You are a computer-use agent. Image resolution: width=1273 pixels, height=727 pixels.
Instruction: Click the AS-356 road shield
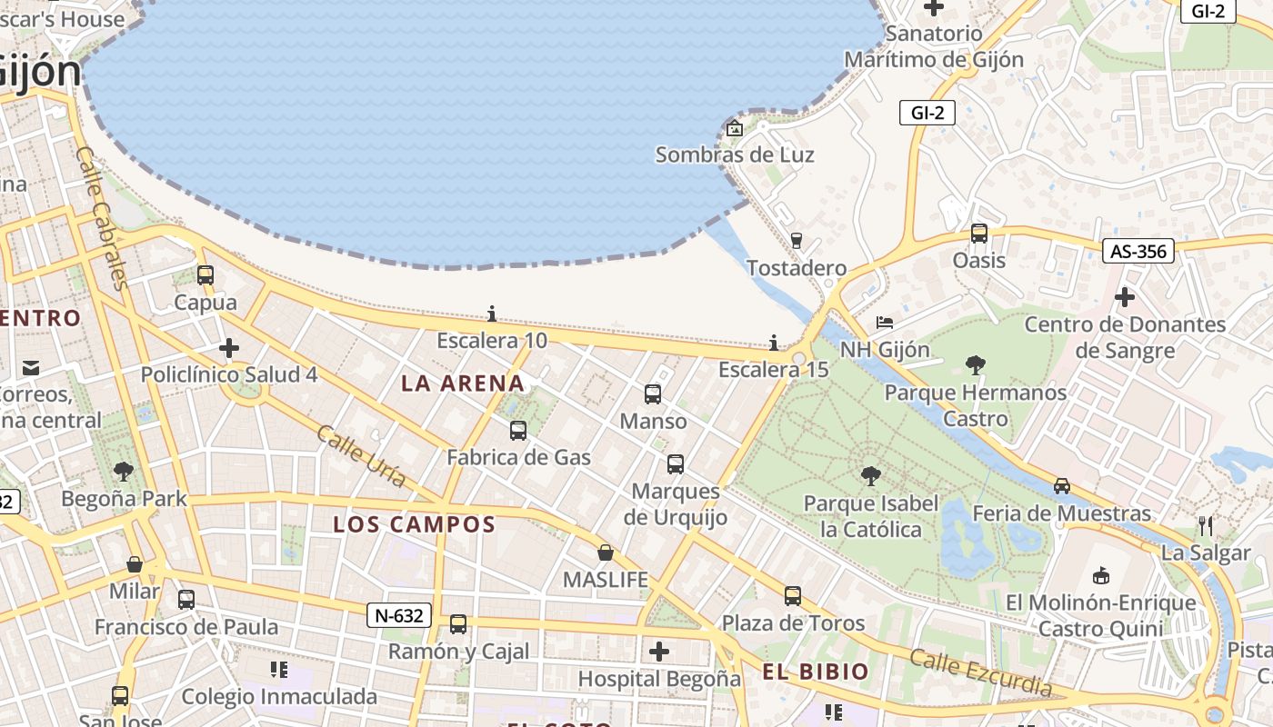(1138, 251)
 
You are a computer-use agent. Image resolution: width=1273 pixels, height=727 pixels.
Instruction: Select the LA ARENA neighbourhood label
(463, 383)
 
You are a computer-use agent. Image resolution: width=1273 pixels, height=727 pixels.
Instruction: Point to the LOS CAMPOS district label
(414, 524)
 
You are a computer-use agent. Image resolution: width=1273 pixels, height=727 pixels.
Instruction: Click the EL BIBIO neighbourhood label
(816, 672)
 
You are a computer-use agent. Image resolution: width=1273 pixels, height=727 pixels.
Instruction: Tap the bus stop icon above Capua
(205, 275)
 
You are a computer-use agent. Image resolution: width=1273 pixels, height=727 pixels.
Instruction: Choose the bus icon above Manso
(653, 394)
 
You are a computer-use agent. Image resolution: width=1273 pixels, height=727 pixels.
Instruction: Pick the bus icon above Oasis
(979, 234)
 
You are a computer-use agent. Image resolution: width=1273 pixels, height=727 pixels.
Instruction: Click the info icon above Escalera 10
(492, 314)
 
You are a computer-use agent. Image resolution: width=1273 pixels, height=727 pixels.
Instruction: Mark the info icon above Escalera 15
(774, 343)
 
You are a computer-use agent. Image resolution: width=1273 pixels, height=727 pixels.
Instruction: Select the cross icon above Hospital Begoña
(659, 652)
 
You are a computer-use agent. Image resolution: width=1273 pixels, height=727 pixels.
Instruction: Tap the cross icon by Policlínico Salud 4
(229, 348)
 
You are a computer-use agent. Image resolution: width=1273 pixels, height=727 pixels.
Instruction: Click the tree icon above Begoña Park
(124, 472)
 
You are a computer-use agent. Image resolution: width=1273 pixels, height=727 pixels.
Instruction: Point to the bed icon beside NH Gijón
(885, 323)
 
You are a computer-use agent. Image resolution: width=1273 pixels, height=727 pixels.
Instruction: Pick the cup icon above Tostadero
(797, 241)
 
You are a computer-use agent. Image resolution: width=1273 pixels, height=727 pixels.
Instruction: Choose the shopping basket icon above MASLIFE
(606, 553)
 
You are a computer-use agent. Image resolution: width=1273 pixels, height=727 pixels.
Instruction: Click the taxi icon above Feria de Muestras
(1062, 486)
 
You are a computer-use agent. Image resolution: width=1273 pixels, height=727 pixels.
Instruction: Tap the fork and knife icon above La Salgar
(1206, 525)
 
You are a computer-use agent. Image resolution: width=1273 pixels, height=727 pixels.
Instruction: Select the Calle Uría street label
(361, 455)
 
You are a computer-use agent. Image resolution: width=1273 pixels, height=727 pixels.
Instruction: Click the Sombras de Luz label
(735, 154)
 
